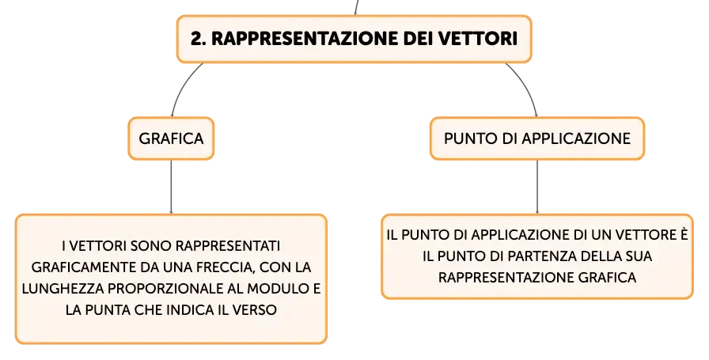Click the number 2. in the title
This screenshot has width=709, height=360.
point(199,39)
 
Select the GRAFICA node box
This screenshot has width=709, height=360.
point(171,138)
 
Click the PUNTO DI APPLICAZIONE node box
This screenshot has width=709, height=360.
point(537,138)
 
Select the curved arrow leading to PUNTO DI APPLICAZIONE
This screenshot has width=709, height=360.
point(527,86)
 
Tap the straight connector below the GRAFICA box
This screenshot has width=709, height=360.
point(171,187)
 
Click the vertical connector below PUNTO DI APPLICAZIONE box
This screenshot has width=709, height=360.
point(537,187)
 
